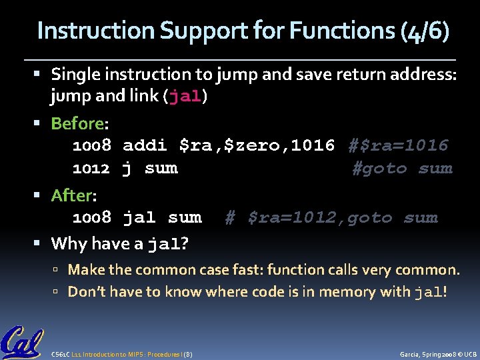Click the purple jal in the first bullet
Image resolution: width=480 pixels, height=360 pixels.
click(x=185, y=96)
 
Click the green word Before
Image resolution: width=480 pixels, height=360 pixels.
click(x=77, y=123)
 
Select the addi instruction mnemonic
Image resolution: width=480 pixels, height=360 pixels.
click(x=145, y=145)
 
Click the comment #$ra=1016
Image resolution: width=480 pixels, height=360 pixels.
click(x=398, y=145)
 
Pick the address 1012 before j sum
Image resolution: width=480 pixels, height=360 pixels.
click(x=91, y=168)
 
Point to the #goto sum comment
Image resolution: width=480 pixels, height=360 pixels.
click(x=402, y=168)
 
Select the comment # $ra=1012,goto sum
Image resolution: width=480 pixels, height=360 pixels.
click(x=331, y=217)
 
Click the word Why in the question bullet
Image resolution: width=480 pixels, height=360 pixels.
click(x=69, y=243)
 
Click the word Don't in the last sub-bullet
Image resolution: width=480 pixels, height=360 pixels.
click(x=86, y=291)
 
